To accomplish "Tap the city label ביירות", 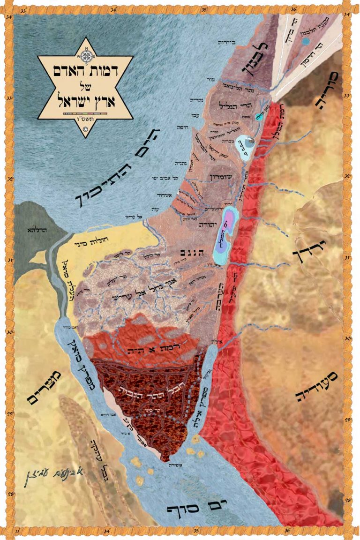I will click(229, 42).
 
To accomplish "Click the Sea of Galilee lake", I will click(244, 145).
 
